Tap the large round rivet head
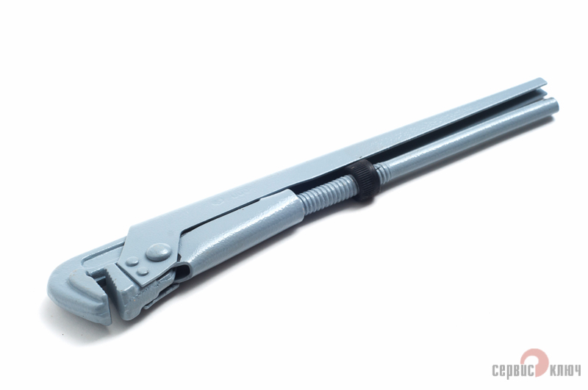point(157,252)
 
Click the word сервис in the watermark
point(514,369)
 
